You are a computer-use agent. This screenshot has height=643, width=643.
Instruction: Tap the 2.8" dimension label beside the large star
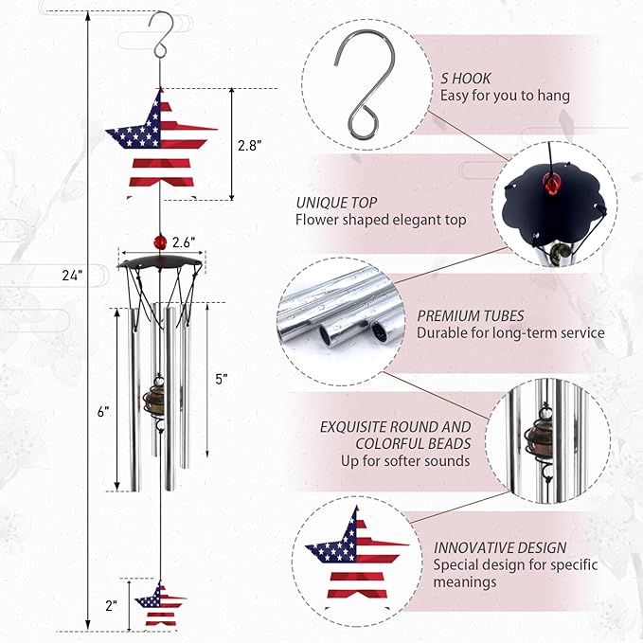pyautogui.click(x=249, y=145)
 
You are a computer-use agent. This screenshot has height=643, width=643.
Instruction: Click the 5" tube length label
pyautogui.click(x=222, y=379)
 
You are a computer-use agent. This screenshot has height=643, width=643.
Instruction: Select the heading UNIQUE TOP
pyautogui.click(x=336, y=203)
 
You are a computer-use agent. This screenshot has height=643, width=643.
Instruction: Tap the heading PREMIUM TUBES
pyautogui.click(x=472, y=315)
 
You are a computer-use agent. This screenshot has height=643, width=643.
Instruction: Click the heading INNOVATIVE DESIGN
pyautogui.click(x=500, y=547)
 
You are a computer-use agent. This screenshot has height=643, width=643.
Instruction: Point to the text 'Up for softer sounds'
pyautogui.click(x=405, y=461)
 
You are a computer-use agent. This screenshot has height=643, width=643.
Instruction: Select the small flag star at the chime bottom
pyautogui.click(x=160, y=603)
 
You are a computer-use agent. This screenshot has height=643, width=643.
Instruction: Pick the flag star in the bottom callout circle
pyautogui.click(x=353, y=558)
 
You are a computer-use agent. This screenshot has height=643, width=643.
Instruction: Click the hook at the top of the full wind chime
pyautogui.click(x=162, y=32)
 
